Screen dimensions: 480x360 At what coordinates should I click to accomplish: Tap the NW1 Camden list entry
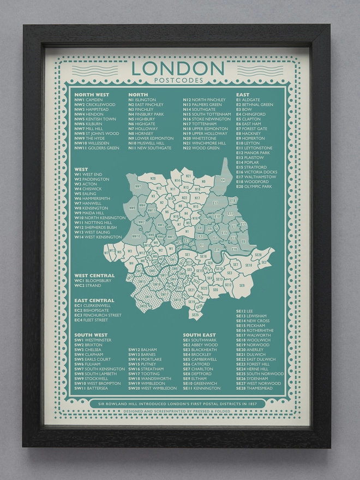[x=89, y=100]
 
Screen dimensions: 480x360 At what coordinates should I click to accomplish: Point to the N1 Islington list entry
[x=142, y=100]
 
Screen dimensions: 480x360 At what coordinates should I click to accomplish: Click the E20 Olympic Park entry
[x=254, y=187]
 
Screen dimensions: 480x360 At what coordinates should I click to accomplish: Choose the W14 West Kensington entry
[x=99, y=237]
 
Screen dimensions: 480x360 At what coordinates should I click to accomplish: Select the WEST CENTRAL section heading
[x=95, y=275]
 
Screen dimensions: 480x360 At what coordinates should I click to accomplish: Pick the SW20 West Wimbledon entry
[x=153, y=388]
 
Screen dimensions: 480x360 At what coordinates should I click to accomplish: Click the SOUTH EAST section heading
[x=200, y=334]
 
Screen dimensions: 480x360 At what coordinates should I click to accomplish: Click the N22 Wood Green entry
[x=201, y=148]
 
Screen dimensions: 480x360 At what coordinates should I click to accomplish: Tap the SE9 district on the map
[x=242, y=285]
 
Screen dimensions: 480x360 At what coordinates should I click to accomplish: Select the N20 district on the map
[x=153, y=178]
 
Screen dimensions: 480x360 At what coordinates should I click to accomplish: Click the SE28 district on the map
[x=258, y=255]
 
